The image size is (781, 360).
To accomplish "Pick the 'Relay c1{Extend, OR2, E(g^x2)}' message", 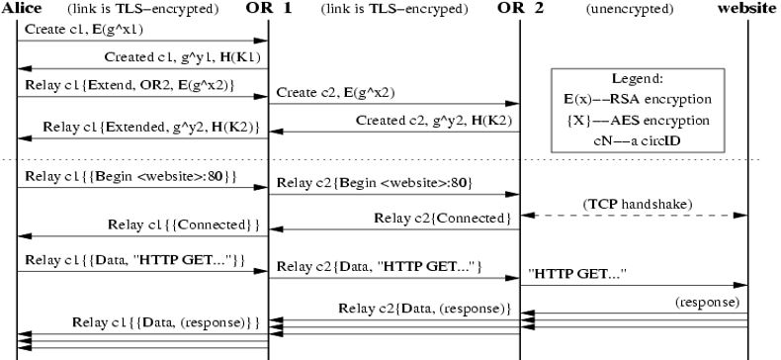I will [130, 85].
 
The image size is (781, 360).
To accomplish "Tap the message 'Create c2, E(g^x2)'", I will [335, 93].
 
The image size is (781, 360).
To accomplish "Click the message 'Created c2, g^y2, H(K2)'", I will [436, 121].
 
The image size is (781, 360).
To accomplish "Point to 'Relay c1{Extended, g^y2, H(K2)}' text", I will [151, 127].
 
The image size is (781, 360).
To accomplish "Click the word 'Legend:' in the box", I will [639, 78].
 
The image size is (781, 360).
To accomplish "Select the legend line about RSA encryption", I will [639, 99].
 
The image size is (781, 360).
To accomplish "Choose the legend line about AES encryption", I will [639, 120].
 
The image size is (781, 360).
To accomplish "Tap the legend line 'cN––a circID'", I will [639, 140].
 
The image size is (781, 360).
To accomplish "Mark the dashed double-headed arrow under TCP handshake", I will [634, 216].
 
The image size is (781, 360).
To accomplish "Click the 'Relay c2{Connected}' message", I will [442, 218].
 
